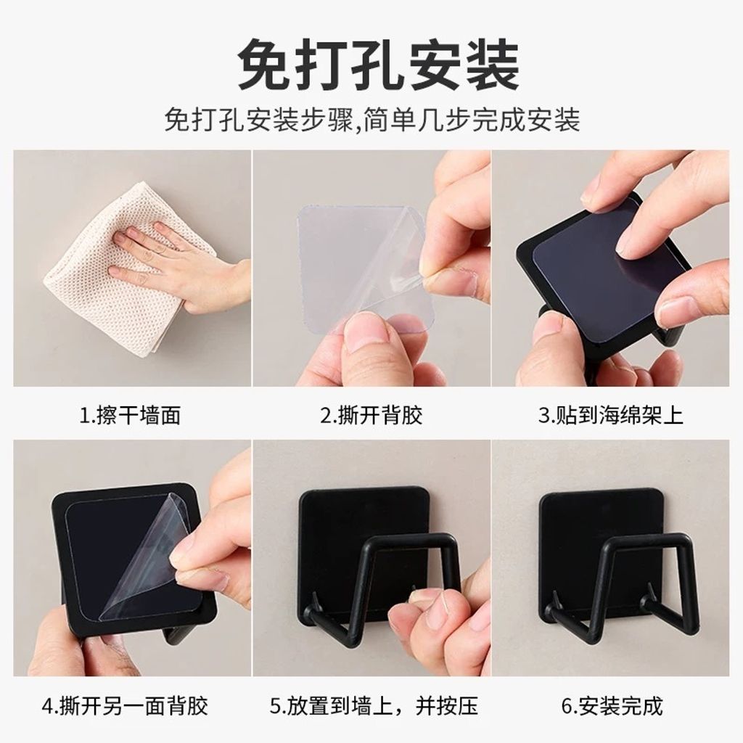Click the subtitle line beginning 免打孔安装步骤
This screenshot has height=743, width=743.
point(372,120)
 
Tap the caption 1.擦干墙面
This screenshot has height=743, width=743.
point(130,416)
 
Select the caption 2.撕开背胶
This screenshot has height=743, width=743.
point(371,416)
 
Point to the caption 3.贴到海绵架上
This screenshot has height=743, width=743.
point(610,416)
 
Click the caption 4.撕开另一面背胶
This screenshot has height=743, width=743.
point(125,705)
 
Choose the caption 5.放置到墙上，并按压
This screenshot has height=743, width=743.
point(374,705)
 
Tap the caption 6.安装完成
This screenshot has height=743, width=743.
point(611,705)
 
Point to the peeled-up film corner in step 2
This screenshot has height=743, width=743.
point(403,266)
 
